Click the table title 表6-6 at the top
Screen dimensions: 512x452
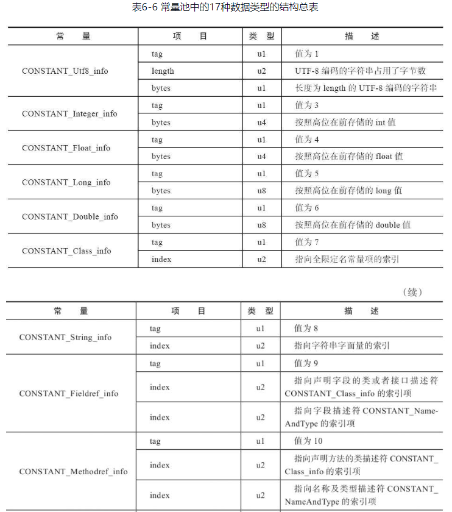point(225,8)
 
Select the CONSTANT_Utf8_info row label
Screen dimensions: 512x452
point(65,71)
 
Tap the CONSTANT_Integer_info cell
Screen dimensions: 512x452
point(69,113)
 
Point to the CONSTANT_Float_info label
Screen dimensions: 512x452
point(66,148)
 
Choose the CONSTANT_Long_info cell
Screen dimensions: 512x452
point(66,182)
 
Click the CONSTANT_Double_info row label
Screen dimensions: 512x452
point(69,216)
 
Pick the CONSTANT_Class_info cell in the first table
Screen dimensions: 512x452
point(66,251)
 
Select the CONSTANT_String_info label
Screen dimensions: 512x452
point(65,337)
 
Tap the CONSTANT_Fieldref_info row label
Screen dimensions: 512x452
point(68,393)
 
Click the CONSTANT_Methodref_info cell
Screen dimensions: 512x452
point(73,471)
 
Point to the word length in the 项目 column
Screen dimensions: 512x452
point(163,71)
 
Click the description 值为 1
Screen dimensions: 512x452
point(307,54)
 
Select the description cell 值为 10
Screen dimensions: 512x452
point(308,441)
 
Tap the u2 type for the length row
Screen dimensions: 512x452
point(261,71)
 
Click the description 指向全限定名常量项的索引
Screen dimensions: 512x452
point(347,259)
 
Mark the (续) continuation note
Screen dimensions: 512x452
point(412,292)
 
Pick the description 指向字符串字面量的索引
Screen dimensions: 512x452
point(342,346)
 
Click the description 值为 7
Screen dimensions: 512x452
point(307,242)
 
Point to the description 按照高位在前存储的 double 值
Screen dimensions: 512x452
point(353,225)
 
